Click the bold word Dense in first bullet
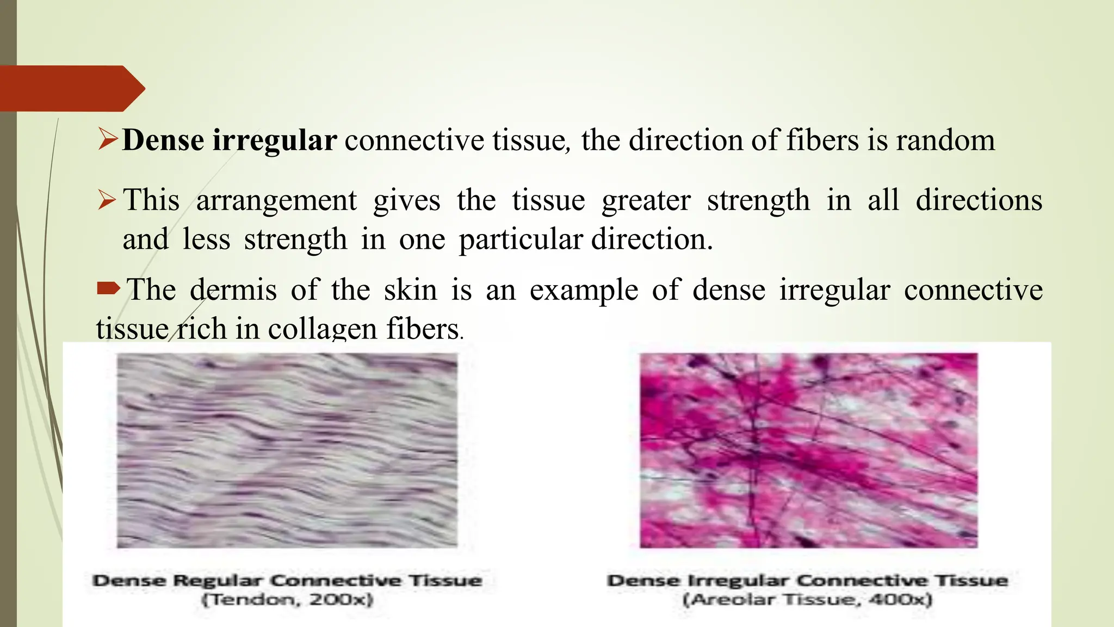163,140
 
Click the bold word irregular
274,140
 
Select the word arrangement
276,200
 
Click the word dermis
233,290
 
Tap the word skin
410,290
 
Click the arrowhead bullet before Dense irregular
108,139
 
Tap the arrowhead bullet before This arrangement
107,200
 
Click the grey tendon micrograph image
287,450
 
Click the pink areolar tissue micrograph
808,450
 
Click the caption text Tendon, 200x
287,600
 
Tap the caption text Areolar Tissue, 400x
807,600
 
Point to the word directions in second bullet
979,200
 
